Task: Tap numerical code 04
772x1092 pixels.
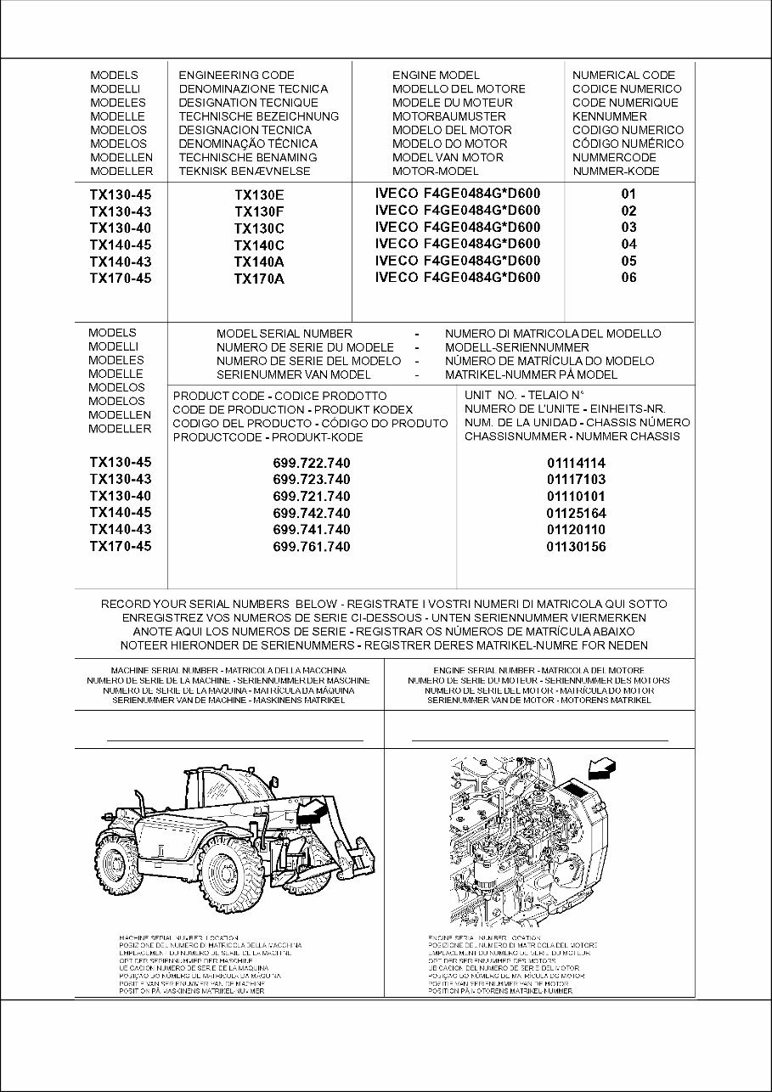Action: tap(628, 245)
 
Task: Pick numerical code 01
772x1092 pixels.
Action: tap(628, 194)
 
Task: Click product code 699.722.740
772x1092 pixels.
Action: tap(312, 464)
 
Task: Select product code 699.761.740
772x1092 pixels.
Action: tap(312, 547)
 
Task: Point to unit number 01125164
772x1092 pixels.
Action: tap(576, 514)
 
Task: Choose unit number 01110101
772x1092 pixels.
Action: tap(576, 497)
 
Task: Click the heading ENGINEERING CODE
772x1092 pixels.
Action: tap(236, 76)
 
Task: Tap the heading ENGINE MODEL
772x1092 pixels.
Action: tap(436, 76)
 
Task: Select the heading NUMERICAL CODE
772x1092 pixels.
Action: tap(623, 76)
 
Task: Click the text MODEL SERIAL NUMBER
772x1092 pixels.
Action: tap(285, 335)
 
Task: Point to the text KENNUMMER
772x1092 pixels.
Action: tap(609, 116)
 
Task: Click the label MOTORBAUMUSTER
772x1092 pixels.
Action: tap(448, 116)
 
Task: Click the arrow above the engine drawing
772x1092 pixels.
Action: tap(604, 770)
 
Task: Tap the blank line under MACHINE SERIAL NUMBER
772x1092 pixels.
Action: tap(234, 740)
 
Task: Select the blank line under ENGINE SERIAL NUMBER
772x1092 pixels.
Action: tap(539, 740)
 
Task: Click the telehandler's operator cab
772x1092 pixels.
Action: tap(204, 790)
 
